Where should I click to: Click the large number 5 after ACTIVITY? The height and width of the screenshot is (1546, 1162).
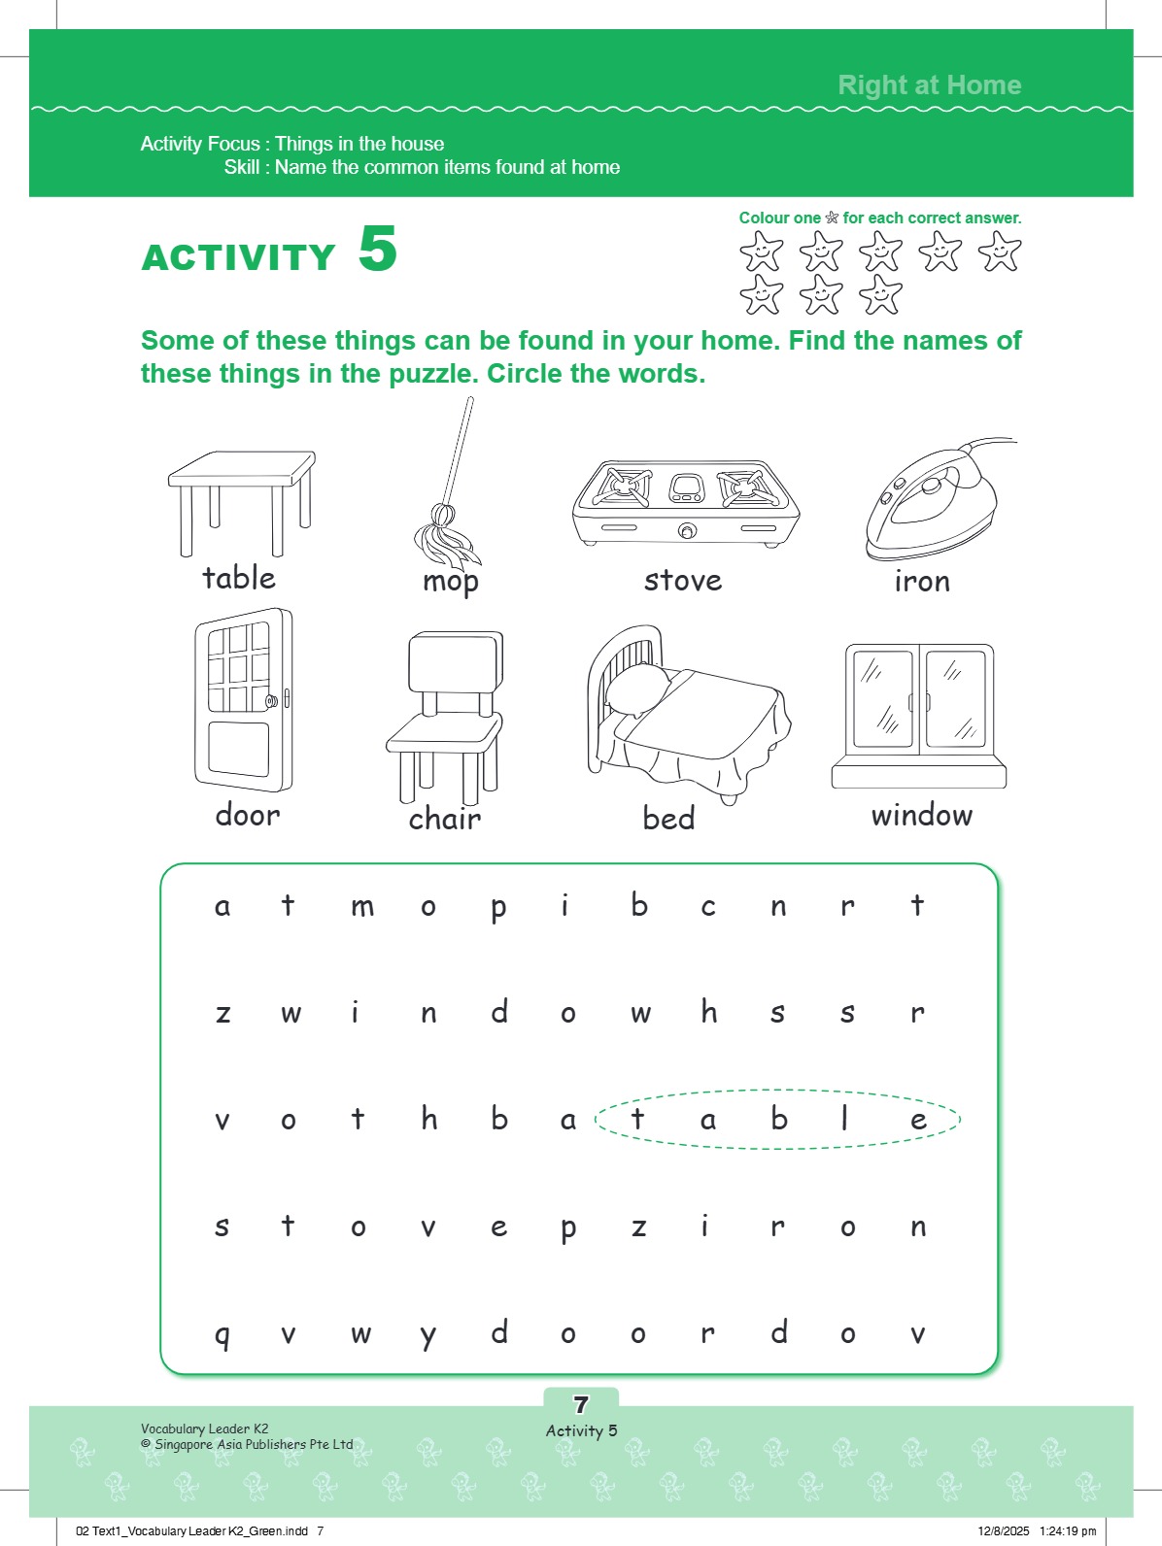377,250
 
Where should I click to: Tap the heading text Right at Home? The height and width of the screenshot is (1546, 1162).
929,85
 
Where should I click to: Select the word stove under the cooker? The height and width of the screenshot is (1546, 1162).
683,581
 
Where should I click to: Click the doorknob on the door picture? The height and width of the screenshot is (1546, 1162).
273,700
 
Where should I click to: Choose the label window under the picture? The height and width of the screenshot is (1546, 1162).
921,815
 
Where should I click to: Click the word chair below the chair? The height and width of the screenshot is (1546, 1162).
445,819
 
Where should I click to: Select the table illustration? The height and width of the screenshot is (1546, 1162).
241,500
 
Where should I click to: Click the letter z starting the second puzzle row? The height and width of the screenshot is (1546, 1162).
222,1013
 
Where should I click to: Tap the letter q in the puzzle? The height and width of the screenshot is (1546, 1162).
222,1335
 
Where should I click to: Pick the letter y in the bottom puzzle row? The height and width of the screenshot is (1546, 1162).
428,1335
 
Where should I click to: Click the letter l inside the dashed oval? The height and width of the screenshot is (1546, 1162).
845,1118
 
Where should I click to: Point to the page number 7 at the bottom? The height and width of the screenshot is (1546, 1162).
581,1404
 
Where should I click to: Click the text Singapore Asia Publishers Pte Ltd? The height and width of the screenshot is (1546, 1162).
253,1444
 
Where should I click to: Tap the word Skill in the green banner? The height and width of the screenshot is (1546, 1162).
241,167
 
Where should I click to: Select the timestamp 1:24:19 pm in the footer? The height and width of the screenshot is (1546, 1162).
1067,1530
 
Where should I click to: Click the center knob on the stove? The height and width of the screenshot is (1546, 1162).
687,530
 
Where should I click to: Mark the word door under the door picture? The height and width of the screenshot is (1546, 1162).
248,815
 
